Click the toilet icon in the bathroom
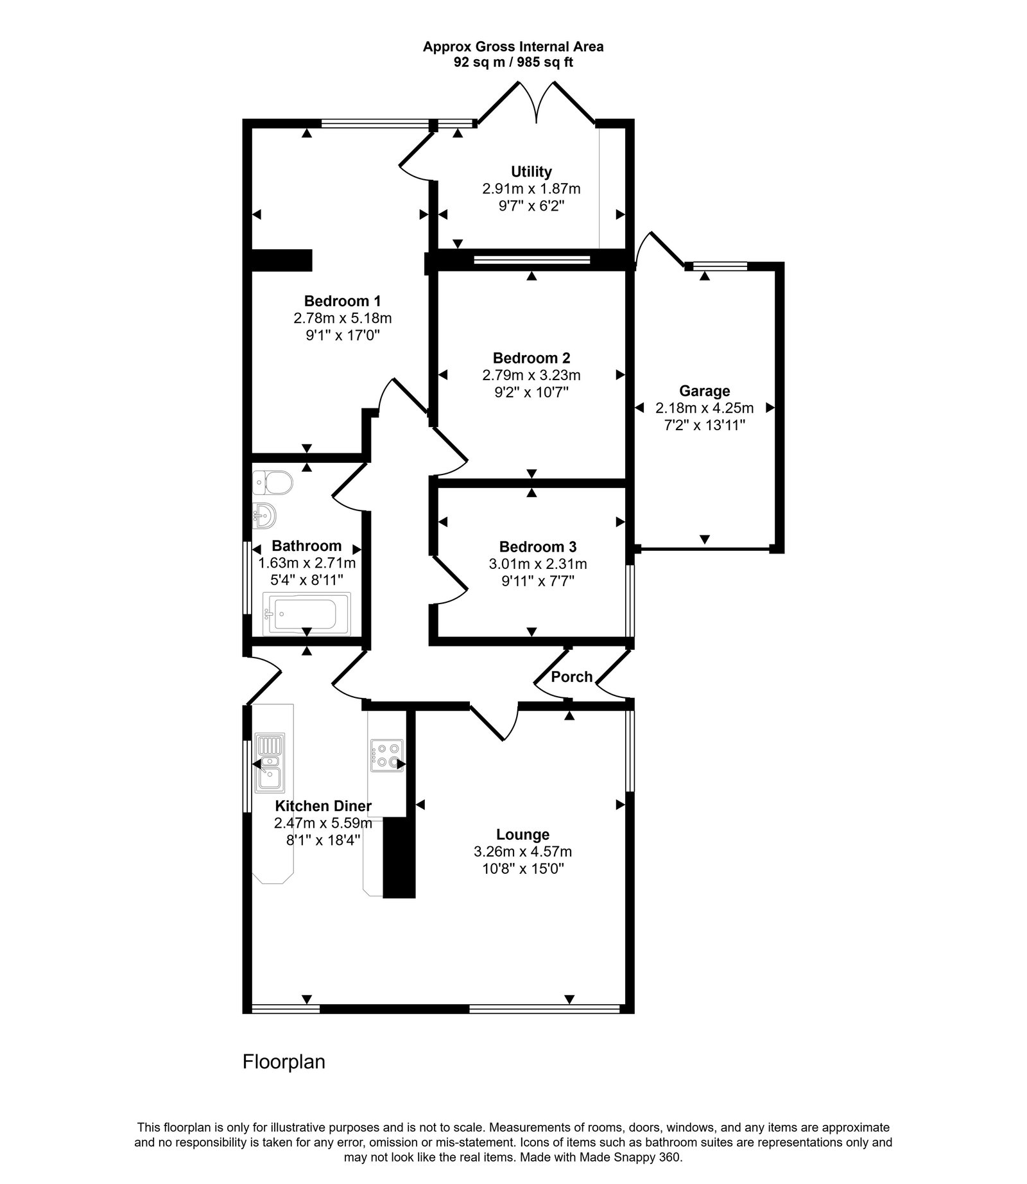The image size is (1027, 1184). click(x=273, y=482)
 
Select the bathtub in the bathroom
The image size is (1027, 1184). click(x=307, y=613)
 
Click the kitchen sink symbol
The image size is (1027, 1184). click(x=270, y=763)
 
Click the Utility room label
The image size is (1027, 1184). click(x=531, y=171)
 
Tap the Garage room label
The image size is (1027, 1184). click(x=704, y=390)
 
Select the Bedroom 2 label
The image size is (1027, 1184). click(x=531, y=358)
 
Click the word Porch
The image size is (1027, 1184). click(x=571, y=677)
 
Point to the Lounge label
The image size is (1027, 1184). click(x=522, y=834)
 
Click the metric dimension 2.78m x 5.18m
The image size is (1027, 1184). click(x=342, y=318)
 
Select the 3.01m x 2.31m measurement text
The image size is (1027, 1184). click(x=537, y=564)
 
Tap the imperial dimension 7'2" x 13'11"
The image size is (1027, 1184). click(x=704, y=424)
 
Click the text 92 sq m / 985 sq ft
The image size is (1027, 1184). click(x=513, y=63)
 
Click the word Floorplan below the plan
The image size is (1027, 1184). click(x=284, y=1061)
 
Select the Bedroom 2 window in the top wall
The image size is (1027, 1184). click(x=531, y=259)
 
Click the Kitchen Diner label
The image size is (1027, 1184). click(x=323, y=806)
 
